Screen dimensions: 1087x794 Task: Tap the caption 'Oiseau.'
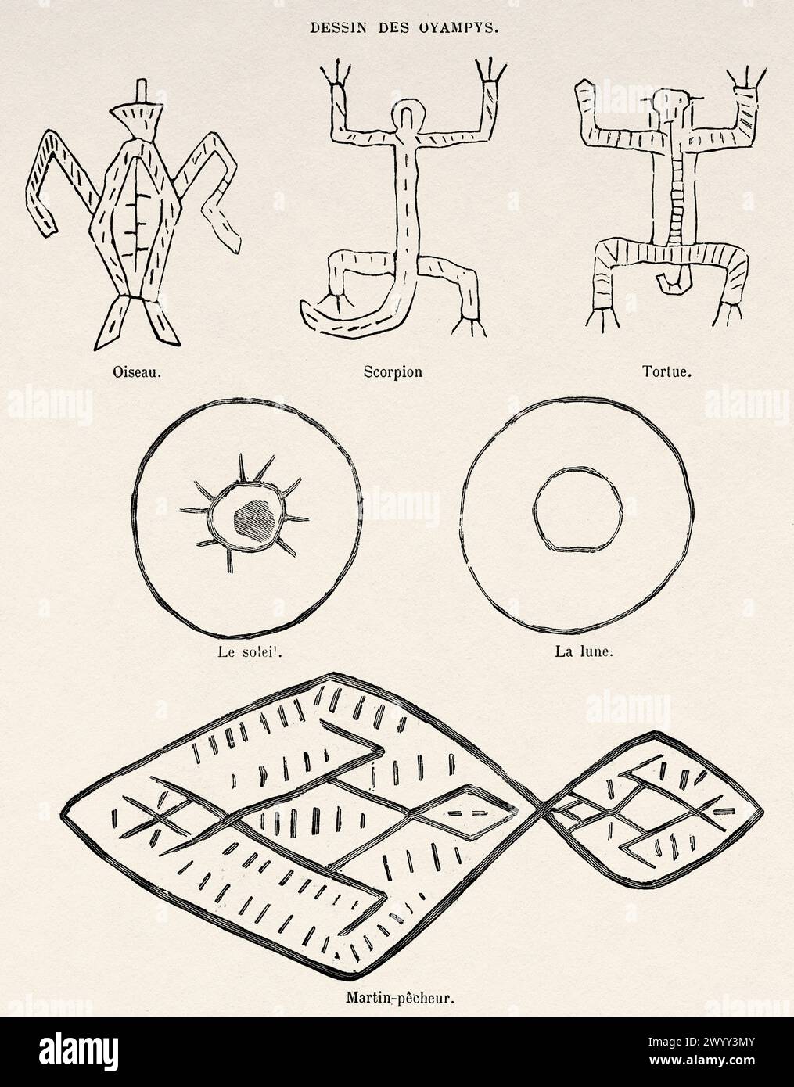[135, 372]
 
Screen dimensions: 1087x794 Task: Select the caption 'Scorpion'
[393, 372]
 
